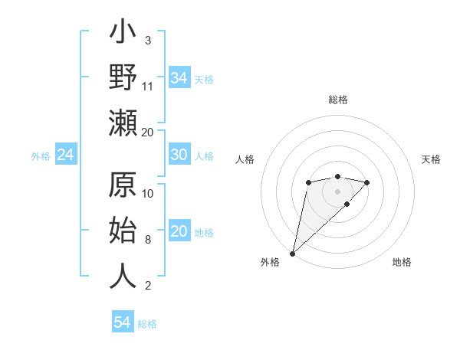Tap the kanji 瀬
(123, 123)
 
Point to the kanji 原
(123, 187)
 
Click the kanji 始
(123, 231)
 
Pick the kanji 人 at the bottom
(123, 276)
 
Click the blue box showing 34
(179, 77)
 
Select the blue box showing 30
(179, 155)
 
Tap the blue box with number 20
(179, 231)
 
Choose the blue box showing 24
(65, 155)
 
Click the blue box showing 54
(123, 322)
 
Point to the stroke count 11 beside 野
(148, 87)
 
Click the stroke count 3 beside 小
(148, 40)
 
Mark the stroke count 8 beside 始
(148, 240)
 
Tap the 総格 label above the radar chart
(337, 100)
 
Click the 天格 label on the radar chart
(432, 159)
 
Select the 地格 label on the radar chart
(402, 262)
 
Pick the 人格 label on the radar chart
(245, 159)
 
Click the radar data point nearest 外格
(292, 253)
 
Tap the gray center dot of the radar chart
(337, 191)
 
